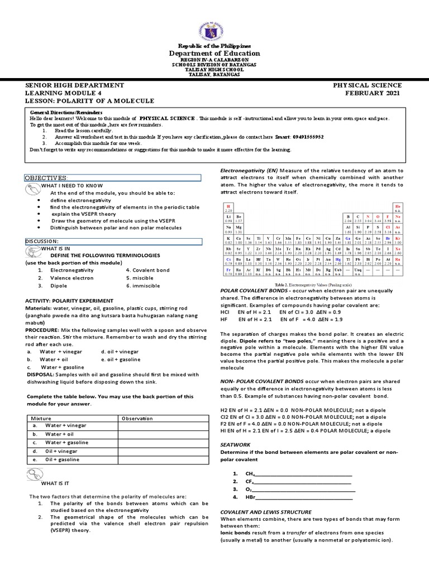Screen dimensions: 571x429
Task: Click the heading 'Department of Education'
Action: pyautogui.click(x=214, y=54)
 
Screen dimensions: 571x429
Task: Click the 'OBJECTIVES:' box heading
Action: pyautogui.click(x=46, y=177)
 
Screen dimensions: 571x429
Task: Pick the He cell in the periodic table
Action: pyautogui.click(x=397, y=208)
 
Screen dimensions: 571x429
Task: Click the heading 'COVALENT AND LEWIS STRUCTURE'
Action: pyautogui.click(x=266, y=511)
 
